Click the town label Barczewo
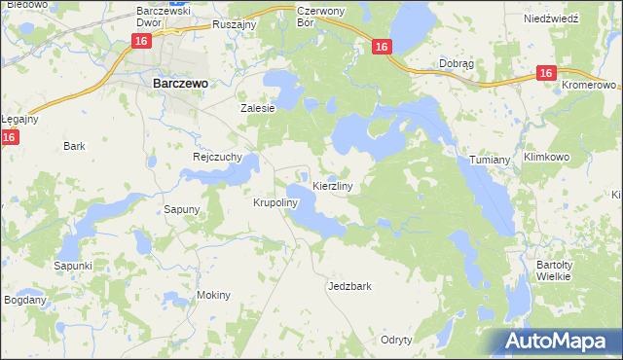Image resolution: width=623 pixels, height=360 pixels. click(x=180, y=84)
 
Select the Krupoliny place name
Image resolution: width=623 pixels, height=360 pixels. click(x=274, y=203)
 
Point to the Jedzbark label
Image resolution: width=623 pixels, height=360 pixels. click(x=350, y=287)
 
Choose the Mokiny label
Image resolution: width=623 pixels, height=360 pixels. click(x=213, y=295)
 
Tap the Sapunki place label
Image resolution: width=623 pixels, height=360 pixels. click(x=73, y=266)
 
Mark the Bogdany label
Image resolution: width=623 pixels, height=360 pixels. click(x=24, y=300)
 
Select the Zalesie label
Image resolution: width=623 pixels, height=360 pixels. click(x=259, y=108)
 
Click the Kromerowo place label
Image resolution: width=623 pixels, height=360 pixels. click(x=590, y=85)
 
